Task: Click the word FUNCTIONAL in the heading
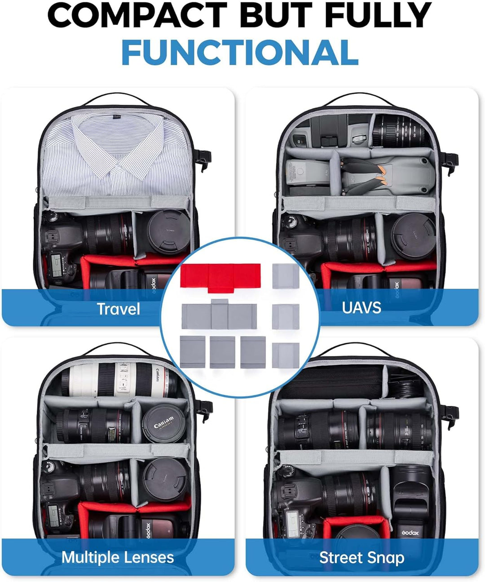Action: click(x=240, y=53)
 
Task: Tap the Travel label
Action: click(x=118, y=309)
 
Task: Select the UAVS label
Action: click(x=362, y=307)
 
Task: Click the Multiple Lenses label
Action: click(x=118, y=557)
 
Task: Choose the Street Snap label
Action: click(x=362, y=558)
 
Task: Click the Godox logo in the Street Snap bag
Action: click(x=410, y=533)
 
